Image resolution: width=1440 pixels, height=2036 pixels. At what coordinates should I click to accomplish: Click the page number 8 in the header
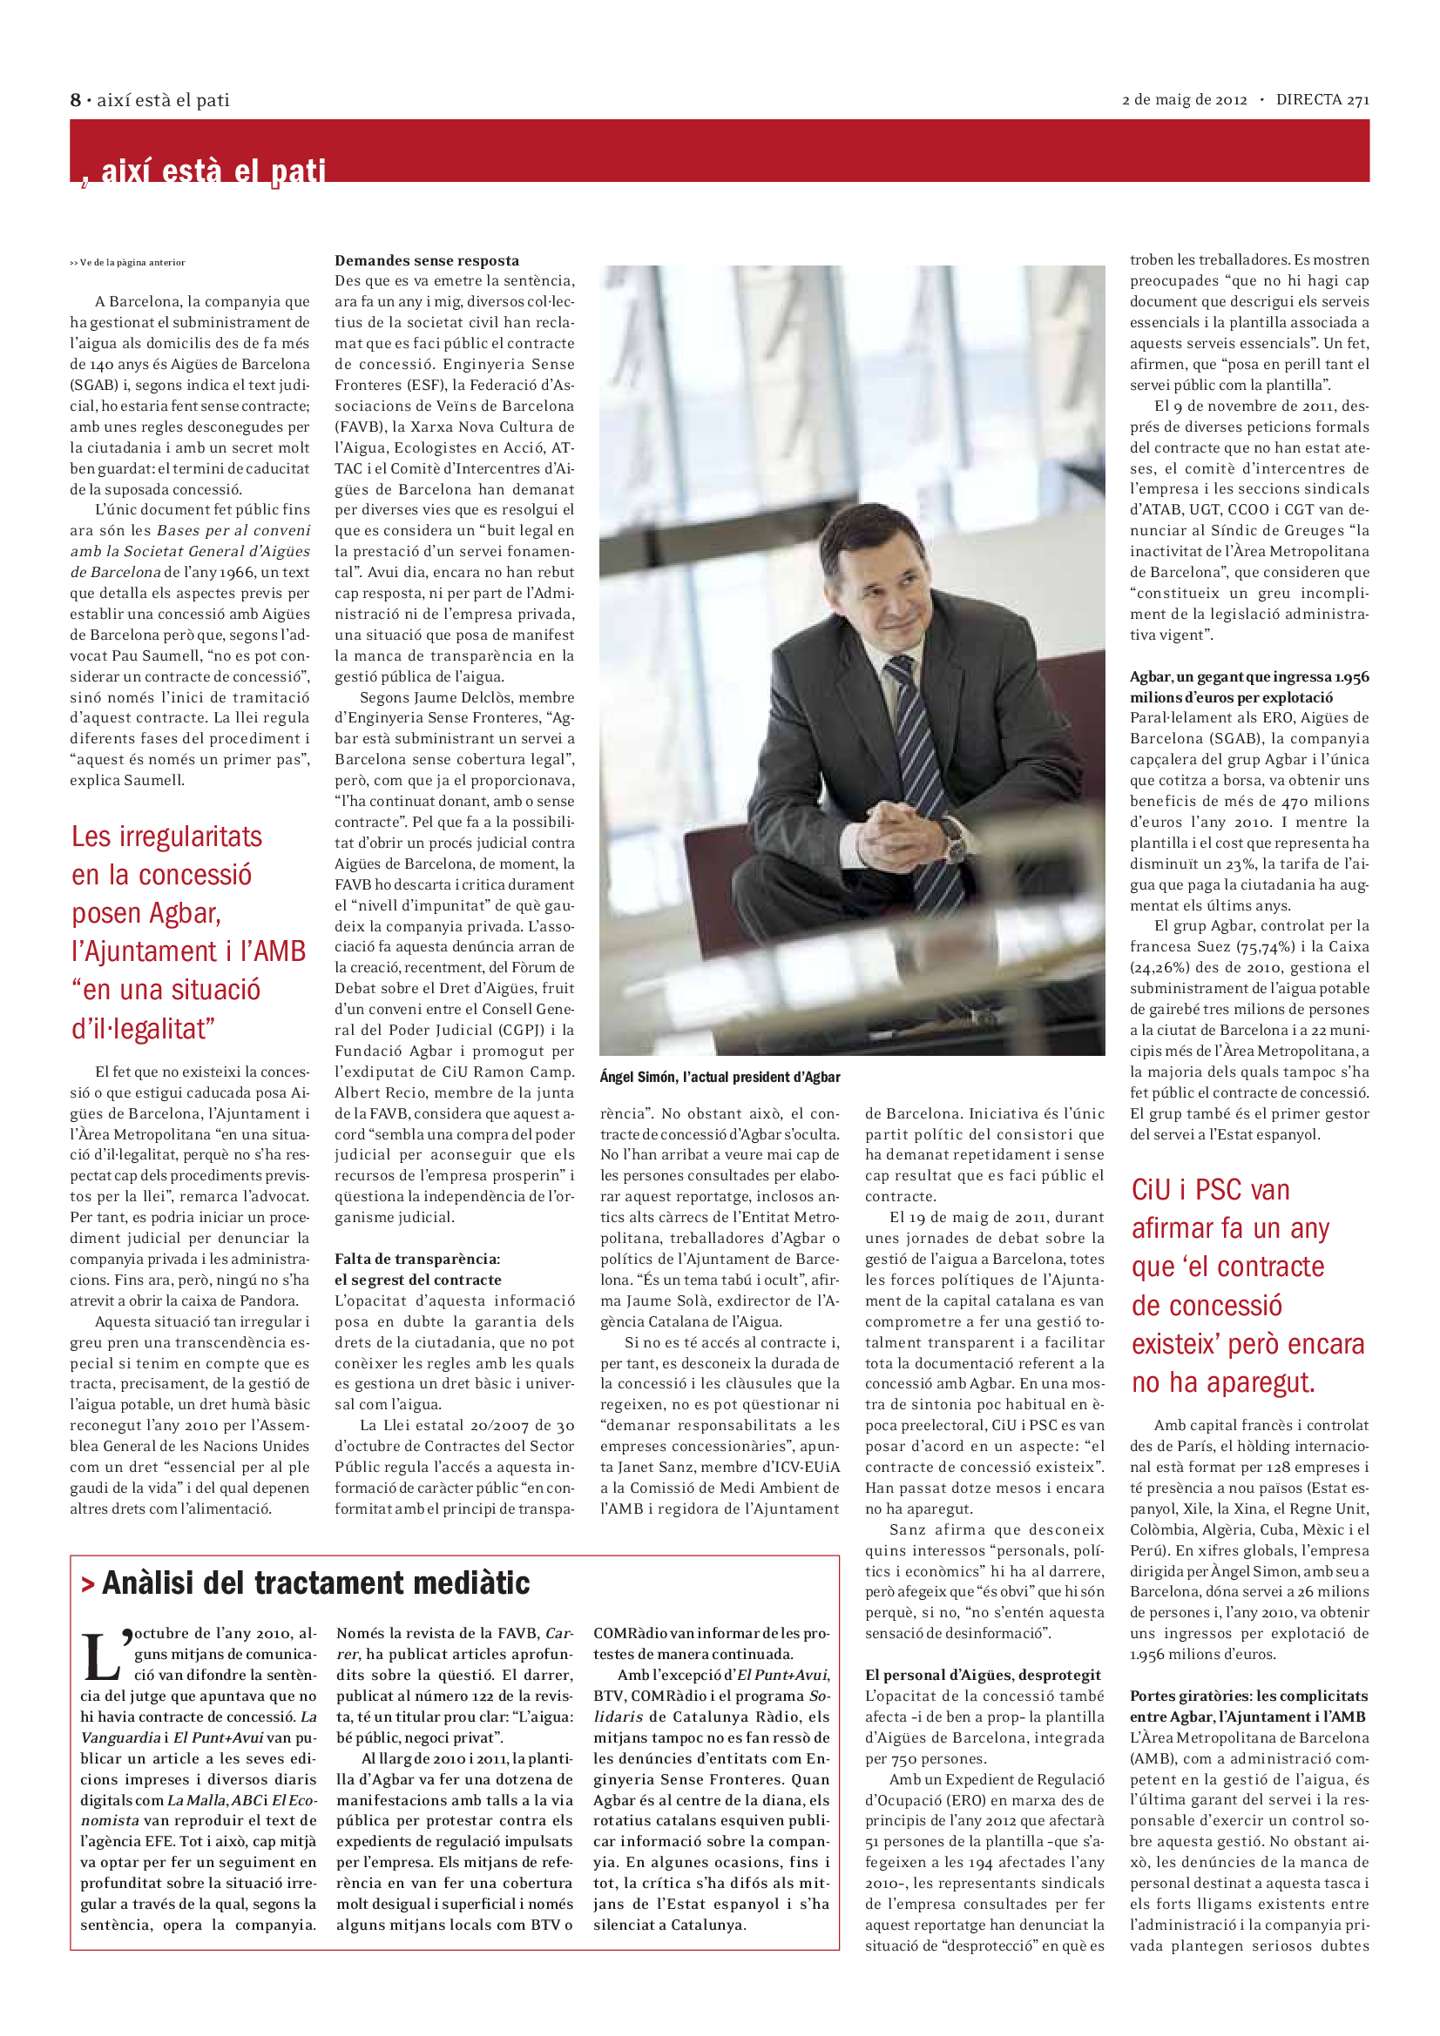pyautogui.click(x=76, y=100)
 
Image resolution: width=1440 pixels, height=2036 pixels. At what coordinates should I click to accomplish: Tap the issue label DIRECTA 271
pyautogui.click(x=1322, y=100)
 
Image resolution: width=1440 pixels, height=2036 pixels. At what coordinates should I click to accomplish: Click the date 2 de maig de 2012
pyautogui.click(x=1185, y=100)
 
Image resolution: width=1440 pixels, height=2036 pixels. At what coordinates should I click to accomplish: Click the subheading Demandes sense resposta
pyautogui.click(x=427, y=261)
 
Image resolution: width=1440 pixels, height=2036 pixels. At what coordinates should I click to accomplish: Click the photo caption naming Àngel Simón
pyautogui.click(x=720, y=1077)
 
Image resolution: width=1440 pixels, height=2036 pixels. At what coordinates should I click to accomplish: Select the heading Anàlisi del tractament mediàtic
pyautogui.click(x=316, y=1582)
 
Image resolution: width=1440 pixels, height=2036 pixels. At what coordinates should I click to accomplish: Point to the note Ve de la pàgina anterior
pyautogui.click(x=128, y=263)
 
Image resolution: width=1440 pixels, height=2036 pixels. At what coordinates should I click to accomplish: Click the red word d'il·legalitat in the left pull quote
pyautogui.click(x=142, y=1029)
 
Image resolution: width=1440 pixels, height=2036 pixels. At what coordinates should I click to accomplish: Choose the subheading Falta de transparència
pyautogui.click(x=417, y=1260)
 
